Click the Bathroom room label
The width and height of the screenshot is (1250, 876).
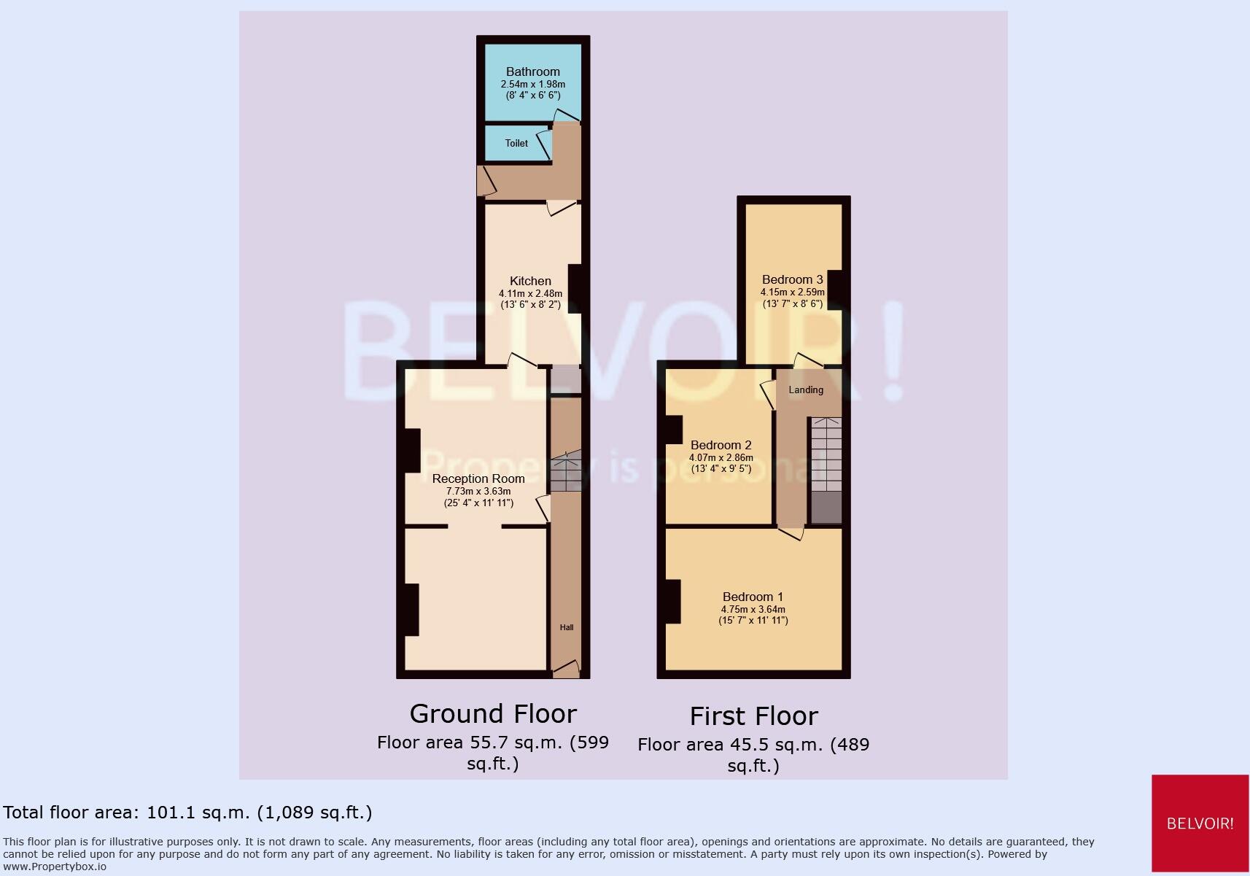[532, 71]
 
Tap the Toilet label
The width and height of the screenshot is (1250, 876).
[516, 143]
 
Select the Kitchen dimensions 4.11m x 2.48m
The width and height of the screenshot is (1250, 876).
[530, 293]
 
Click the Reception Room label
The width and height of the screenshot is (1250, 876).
[478, 478]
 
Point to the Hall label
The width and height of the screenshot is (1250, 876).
[567, 627]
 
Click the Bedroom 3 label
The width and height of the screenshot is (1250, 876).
[792, 279]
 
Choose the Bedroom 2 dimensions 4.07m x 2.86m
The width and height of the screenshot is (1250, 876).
[721, 458]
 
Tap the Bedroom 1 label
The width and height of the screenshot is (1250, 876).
[753, 597]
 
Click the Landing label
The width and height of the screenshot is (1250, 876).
[806, 389]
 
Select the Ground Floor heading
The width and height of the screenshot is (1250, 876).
[493, 713]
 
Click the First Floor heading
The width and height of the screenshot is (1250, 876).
[753, 716]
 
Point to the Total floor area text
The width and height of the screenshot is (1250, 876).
[187, 813]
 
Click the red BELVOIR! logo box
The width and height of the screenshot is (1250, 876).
[1200, 823]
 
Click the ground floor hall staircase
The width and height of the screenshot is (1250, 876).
[566, 473]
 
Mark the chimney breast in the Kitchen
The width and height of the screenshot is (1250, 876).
[575, 289]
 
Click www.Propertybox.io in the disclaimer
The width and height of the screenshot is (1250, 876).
[55, 867]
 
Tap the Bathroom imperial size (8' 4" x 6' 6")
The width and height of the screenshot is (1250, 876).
[532, 95]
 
